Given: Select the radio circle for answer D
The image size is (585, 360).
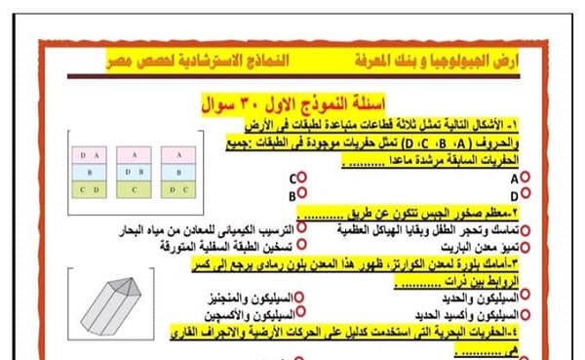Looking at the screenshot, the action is [x=525, y=195].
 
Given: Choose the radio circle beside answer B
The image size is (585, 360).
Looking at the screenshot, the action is [x=304, y=195].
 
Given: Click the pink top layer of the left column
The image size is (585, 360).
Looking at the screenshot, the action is [x=90, y=155].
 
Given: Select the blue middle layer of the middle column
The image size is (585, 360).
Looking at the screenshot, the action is [x=135, y=172].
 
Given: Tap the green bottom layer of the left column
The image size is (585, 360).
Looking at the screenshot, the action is [x=90, y=189].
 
